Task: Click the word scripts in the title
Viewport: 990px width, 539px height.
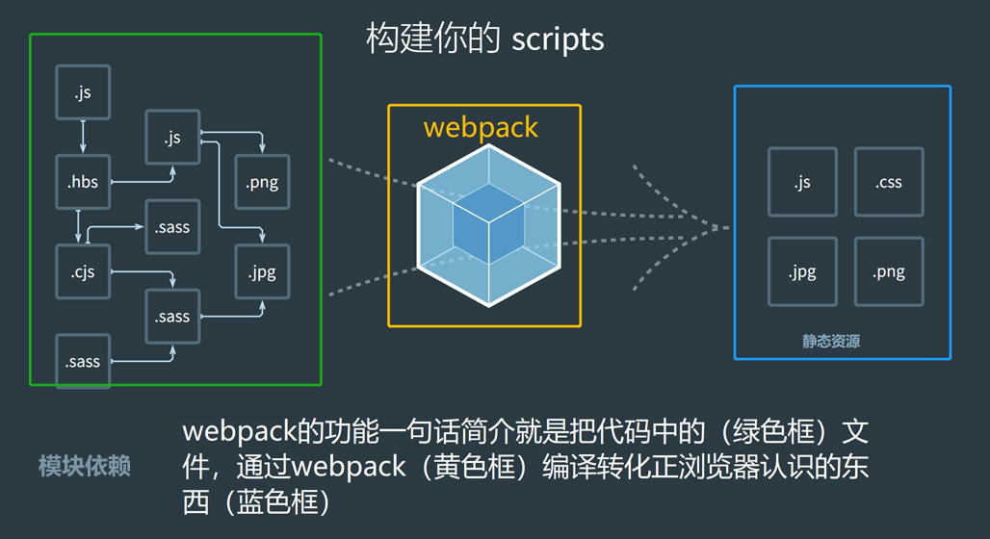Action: tap(558, 38)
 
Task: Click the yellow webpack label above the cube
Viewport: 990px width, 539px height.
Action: tap(481, 127)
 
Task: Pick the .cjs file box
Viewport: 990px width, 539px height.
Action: tap(83, 271)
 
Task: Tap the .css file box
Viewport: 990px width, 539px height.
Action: tap(889, 182)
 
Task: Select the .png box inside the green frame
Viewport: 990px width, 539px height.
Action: tap(263, 182)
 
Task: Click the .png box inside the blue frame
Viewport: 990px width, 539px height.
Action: tap(889, 271)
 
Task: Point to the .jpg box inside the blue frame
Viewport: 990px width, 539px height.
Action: tap(802, 271)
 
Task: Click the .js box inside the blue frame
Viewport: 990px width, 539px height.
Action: tap(802, 182)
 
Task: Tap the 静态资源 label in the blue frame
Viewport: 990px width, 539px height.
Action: tap(831, 341)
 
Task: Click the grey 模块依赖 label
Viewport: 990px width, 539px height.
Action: tap(85, 467)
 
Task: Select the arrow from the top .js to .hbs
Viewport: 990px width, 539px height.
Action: tap(83, 136)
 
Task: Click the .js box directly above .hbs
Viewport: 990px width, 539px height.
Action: tap(83, 92)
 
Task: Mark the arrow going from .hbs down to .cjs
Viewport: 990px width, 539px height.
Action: tap(79, 226)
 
